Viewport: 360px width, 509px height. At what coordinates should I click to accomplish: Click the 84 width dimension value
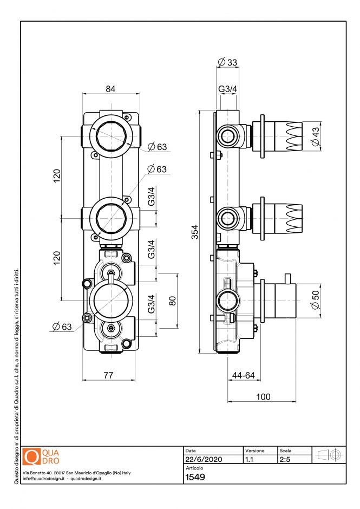point(110,89)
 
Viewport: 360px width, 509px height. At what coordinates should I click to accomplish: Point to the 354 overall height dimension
point(195,232)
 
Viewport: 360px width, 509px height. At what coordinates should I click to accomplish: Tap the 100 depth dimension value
point(263,396)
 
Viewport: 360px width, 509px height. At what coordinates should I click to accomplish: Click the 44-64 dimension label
point(244,375)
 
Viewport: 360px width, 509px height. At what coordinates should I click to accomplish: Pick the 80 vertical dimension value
point(173,301)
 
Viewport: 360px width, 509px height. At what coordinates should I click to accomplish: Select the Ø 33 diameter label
point(227,62)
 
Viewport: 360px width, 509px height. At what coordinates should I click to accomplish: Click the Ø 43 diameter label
point(315,135)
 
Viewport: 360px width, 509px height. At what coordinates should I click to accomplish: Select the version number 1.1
point(250,459)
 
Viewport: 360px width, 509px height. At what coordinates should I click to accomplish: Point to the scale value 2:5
point(285,459)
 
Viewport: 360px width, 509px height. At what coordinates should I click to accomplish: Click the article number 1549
point(195,478)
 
